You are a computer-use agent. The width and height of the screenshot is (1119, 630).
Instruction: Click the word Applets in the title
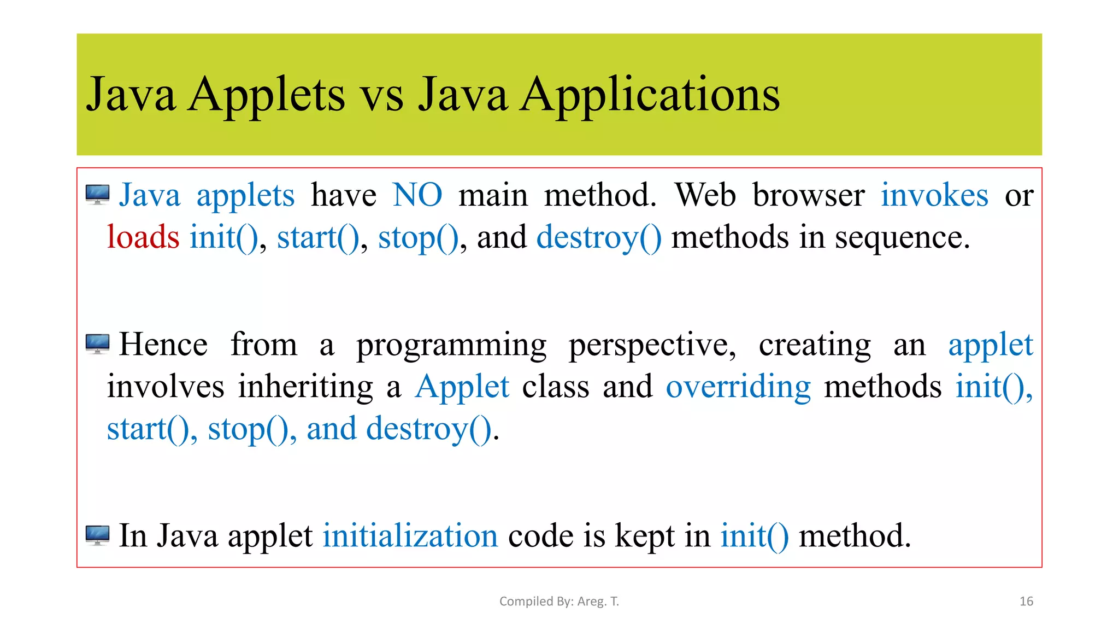click(266, 96)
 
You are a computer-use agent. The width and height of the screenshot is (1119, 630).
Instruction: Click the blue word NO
click(417, 195)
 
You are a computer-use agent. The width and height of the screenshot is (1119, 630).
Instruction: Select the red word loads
click(143, 237)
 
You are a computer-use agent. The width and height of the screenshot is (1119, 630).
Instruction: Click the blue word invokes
click(934, 195)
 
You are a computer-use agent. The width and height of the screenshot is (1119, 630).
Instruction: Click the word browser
click(808, 195)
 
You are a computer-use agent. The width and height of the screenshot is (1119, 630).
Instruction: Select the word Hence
click(163, 345)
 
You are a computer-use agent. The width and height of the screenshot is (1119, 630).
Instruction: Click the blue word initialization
click(410, 535)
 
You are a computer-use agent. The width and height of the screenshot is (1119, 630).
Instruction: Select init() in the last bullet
click(754, 535)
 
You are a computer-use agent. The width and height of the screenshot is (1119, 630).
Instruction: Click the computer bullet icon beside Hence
click(98, 344)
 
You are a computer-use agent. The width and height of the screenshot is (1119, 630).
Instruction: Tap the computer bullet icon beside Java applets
click(98, 195)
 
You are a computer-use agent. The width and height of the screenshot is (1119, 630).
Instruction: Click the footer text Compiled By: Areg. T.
click(559, 602)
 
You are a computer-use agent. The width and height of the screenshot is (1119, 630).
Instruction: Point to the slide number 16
click(1026, 602)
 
